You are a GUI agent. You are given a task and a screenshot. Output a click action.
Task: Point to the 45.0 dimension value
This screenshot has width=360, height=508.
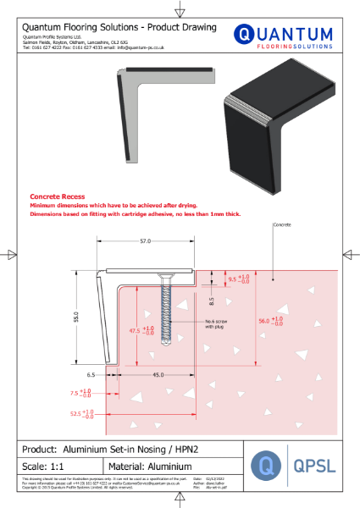point(158,374)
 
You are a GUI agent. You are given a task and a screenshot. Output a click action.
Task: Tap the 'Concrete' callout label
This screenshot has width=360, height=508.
point(283,226)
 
